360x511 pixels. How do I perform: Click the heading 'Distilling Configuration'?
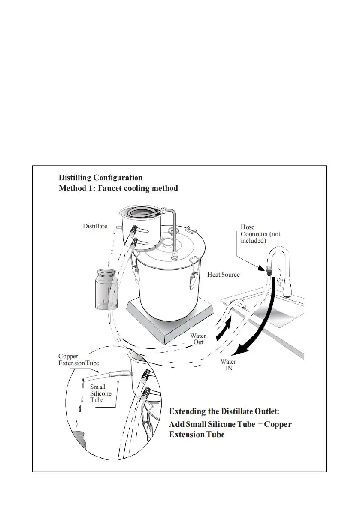pyautogui.click(x=100, y=178)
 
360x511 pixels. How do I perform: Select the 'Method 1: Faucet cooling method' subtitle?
pyautogui.click(x=118, y=188)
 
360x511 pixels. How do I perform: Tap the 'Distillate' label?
pyautogui.click(x=95, y=226)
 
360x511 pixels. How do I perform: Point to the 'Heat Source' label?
pyautogui.click(x=224, y=274)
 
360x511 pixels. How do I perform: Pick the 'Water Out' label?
pyautogui.click(x=198, y=339)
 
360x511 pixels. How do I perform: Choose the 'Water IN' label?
pyautogui.click(x=228, y=365)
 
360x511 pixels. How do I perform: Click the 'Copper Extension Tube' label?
pyautogui.click(x=79, y=360)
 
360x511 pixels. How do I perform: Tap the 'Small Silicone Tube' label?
pyautogui.click(x=100, y=393)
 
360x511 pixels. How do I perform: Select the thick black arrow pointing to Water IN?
pyautogui.click(x=257, y=326)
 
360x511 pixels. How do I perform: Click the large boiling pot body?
pyautogui.click(x=165, y=287)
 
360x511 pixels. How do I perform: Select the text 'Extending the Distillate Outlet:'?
pyautogui.click(x=224, y=411)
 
